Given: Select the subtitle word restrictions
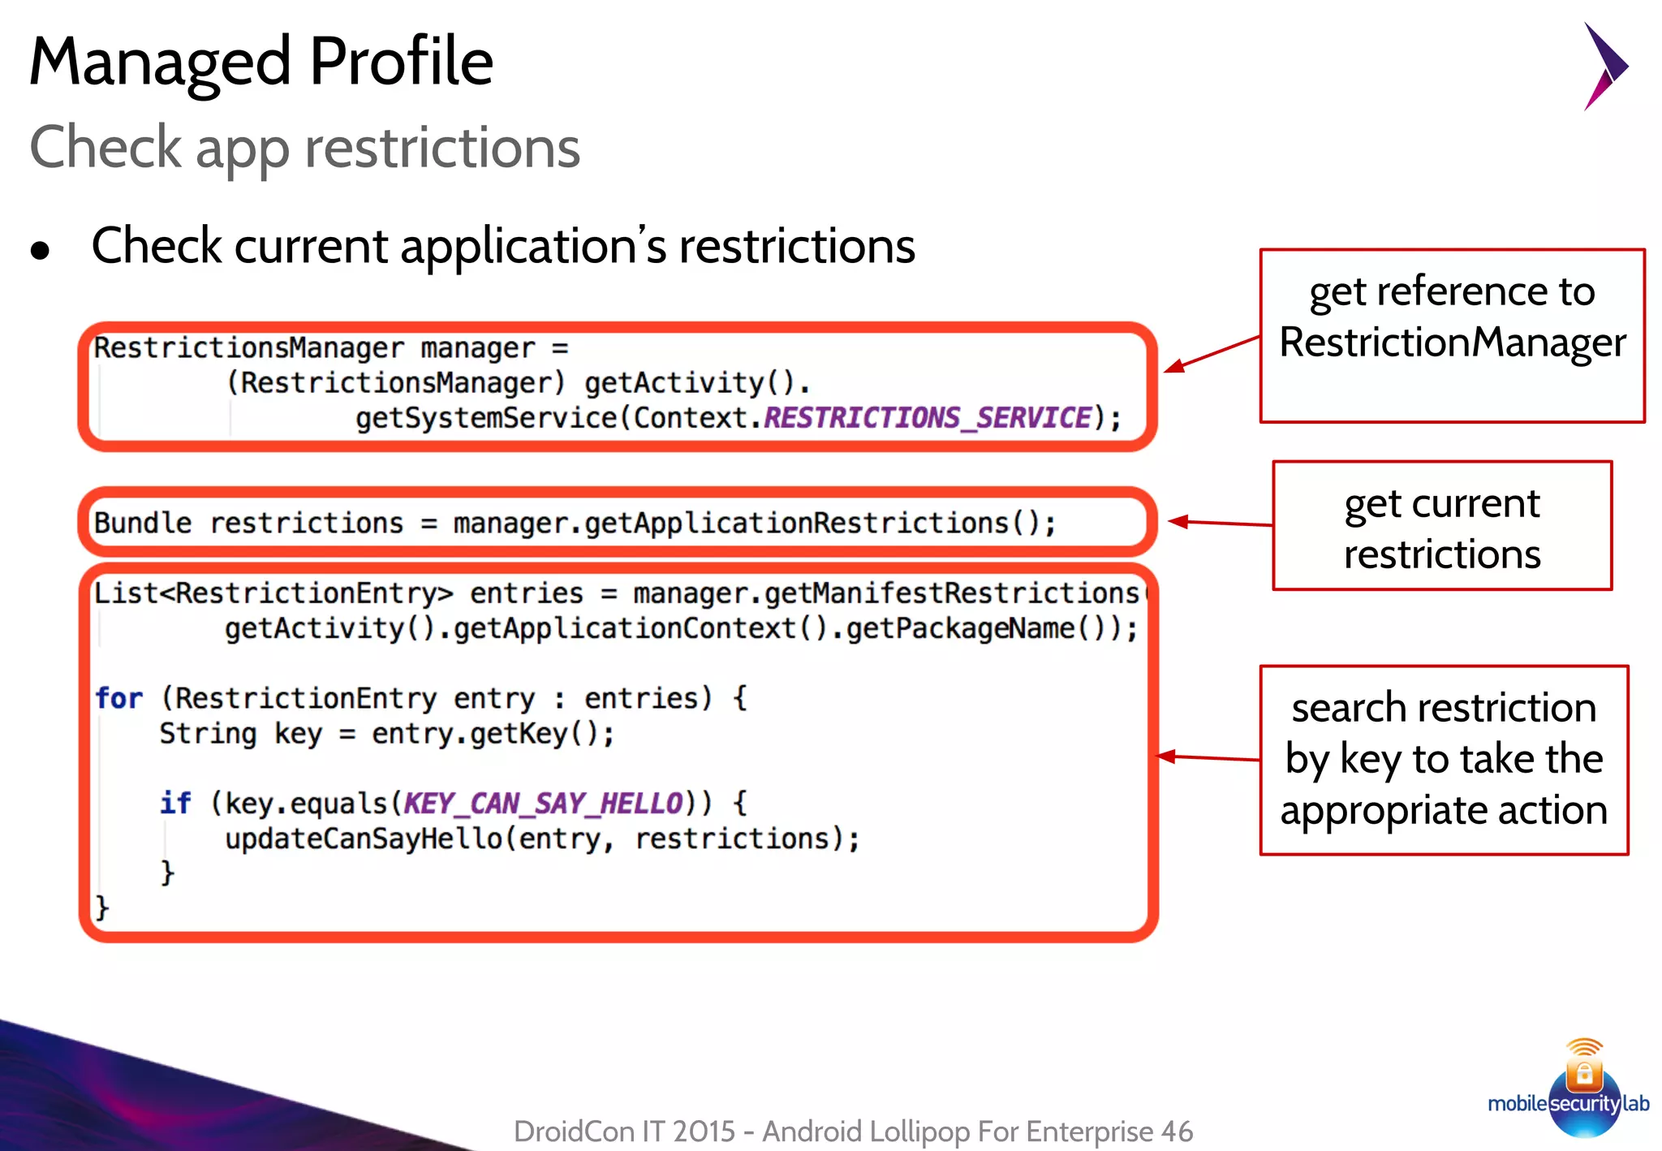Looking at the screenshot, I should [442, 148].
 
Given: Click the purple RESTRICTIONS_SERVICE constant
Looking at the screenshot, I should [927, 418].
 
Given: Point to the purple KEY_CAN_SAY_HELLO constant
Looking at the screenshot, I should [543, 804].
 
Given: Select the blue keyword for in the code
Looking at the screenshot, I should [118, 698].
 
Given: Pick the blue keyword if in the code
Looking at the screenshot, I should [174, 804].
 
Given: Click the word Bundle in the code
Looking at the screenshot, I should [143, 524].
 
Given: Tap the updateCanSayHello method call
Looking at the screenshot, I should [364, 838].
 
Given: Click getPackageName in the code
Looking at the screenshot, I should [960, 629].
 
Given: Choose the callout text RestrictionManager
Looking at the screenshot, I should [1452, 343].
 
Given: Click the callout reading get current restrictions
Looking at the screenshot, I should [1441, 528].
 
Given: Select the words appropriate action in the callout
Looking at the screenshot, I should [1443, 810].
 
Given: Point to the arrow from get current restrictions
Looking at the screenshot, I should [1220, 523].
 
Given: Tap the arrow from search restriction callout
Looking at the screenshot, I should [1208, 758].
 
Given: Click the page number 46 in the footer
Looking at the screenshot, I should [1176, 1131].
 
